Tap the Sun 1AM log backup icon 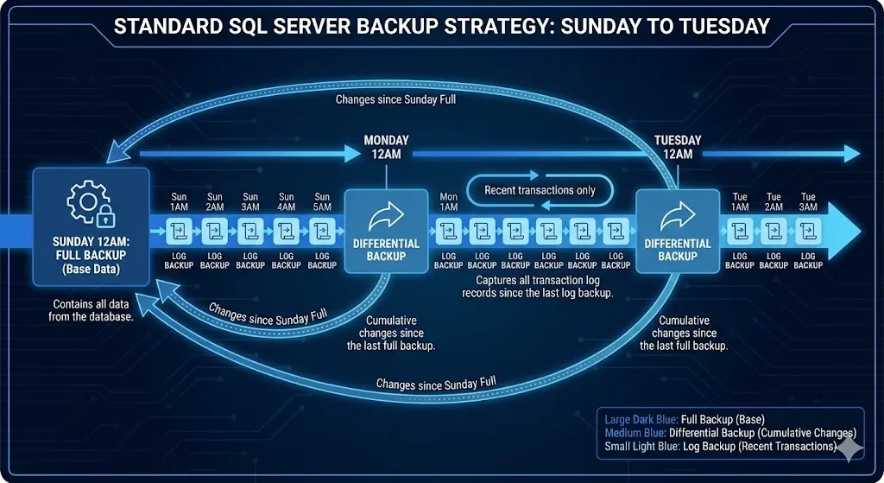tap(179, 232)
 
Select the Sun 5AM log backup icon tap(322, 232)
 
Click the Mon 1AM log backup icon tap(449, 232)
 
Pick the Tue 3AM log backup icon tap(808, 232)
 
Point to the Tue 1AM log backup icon tap(740, 232)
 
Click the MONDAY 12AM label tap(386, 147)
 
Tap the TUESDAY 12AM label tap(678, 147)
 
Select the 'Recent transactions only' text tap(540, 190)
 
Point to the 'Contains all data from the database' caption tap(93, 311)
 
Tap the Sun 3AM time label tap(250, 202)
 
